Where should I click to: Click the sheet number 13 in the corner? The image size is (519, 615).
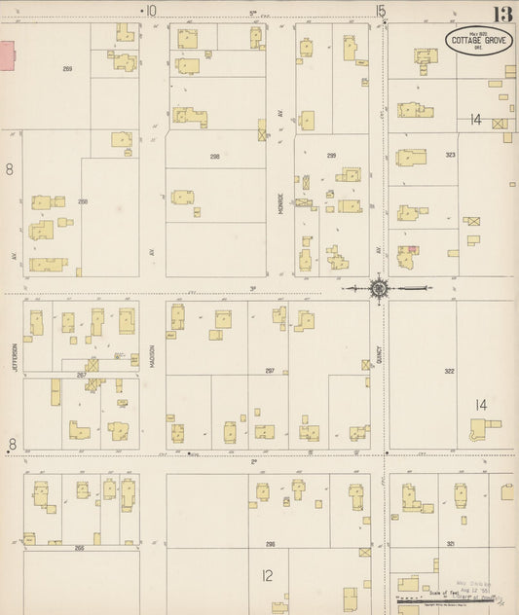click(502, 15)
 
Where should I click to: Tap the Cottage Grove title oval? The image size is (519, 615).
click(476, 42)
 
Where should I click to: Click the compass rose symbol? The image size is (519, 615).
click(379, 288)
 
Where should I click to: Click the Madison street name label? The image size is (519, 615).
click(154, 351)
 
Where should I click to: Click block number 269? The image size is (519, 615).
click(68, 69)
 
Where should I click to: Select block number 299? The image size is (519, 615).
click(331, 156)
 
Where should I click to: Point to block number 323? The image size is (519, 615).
click(450, 156)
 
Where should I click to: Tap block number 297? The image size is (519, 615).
click(270, 371)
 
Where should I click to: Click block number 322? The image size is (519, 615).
click(450, 371)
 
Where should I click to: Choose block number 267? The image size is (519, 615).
click(82, 375)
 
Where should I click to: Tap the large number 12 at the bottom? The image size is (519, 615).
click(267, 575)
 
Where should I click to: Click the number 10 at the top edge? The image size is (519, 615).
click(150, 11)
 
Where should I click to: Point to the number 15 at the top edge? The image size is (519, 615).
click(380, 11)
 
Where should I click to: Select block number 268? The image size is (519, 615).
click(84, 201)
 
